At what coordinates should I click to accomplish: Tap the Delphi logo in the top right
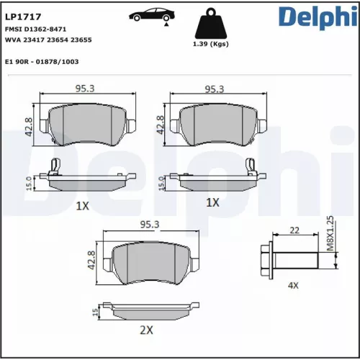tap(316, 17)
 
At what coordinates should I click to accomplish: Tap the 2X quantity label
tap(146, 330)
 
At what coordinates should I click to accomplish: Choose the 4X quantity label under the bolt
tap(293, 286)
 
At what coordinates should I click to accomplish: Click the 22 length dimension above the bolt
tap(294, 230)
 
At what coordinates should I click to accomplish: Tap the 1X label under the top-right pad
tap(212, 202)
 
